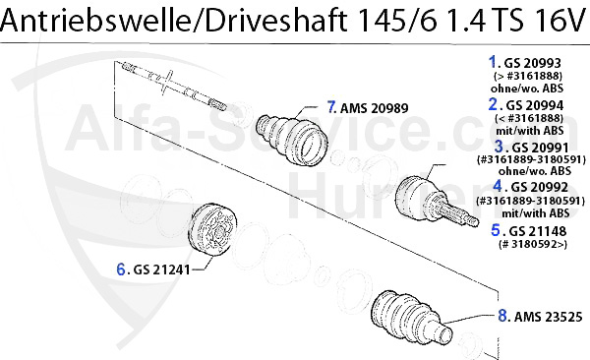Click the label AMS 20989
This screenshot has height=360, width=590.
click(372, 108)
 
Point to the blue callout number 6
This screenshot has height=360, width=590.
click(122, 267)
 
